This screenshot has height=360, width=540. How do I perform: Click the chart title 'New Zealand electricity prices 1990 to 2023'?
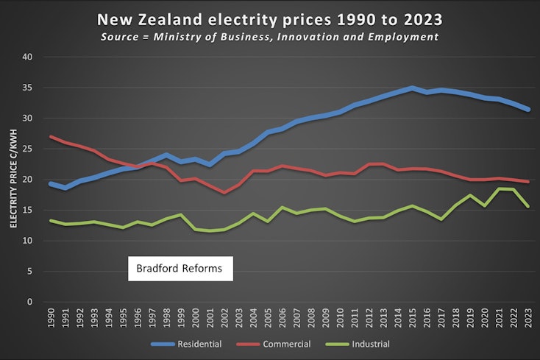[270, 17]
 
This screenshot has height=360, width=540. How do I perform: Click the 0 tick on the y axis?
[29, 302]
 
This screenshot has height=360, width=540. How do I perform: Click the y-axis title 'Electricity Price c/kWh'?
[12, 179]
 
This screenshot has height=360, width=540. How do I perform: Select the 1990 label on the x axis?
[51, 319]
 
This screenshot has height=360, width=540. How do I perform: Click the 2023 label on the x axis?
[527, 319]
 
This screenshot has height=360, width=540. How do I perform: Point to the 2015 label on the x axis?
[412, 319]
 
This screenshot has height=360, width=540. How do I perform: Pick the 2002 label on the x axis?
[224, 319]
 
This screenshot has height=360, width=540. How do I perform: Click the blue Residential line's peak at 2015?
[412, 88]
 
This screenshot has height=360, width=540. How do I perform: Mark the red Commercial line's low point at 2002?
[224, 192]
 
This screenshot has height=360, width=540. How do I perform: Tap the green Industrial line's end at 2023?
[527, 206]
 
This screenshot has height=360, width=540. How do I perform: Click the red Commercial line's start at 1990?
[51, 136]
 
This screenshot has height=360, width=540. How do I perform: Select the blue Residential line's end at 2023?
[527, 109]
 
